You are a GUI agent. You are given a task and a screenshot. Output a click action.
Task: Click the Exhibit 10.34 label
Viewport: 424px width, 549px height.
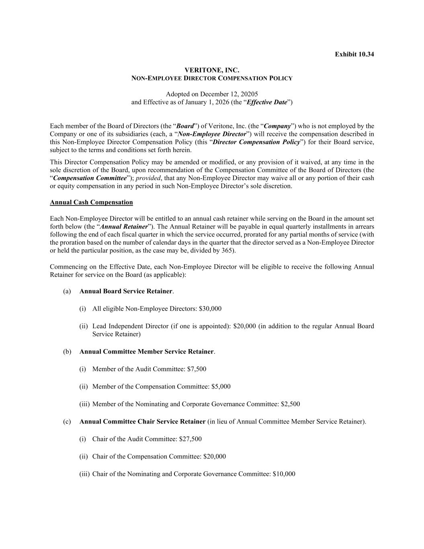[354, 54]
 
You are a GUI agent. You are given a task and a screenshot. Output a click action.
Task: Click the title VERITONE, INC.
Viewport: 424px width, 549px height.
[212, 70]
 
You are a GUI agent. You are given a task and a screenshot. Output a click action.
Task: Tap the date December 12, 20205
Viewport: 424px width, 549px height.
[229, 94]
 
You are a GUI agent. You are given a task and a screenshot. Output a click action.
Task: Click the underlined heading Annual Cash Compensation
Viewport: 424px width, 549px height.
[91, 202]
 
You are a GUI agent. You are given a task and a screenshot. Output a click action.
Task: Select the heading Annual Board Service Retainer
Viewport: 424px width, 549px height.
[126, 291]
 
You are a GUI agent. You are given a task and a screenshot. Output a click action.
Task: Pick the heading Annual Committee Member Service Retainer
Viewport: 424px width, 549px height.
[146, 352]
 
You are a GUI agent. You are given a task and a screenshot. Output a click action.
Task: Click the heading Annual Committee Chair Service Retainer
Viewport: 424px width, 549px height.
[142, 422]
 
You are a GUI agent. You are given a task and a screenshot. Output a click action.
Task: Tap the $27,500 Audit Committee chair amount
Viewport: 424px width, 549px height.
[190, 439]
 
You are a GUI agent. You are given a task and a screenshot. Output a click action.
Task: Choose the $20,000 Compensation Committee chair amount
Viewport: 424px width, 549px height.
[215, 456]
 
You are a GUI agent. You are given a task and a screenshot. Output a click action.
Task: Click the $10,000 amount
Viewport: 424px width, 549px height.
[284, 474]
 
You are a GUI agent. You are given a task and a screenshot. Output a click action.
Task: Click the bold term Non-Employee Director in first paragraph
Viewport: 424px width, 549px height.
[212, 134]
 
